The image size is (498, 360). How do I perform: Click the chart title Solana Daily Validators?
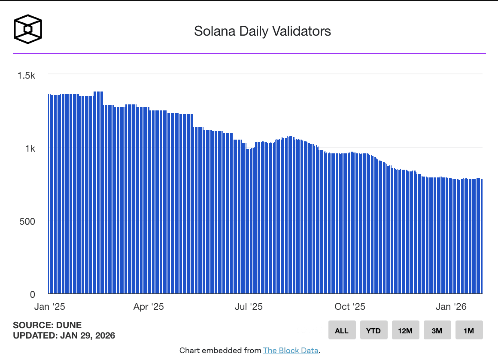(x=262, y=31)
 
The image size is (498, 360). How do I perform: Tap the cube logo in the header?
(x=28, y=30)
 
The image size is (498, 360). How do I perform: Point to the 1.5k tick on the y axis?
(x=26, y=75)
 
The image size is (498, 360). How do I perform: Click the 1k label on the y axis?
(x=30, y=148)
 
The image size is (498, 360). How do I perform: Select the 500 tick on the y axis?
(x=27, y=221)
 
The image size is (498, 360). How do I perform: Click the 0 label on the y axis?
(x=32, y=295)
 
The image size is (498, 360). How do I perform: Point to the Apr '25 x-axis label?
(x=149, y=307)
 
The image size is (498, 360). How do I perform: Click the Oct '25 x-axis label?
(x=349, y=307)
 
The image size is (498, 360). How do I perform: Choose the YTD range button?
(x=373, y=330)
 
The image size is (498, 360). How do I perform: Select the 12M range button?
(x=405, y=330)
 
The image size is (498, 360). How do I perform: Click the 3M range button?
(x=437, y=330)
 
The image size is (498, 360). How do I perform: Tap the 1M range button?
(x=469, y=330)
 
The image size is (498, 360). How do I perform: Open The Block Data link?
(x=291, y=351)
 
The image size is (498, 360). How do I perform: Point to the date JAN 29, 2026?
(x=86, y=336)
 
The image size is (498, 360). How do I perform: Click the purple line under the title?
(x=249, y=53)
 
